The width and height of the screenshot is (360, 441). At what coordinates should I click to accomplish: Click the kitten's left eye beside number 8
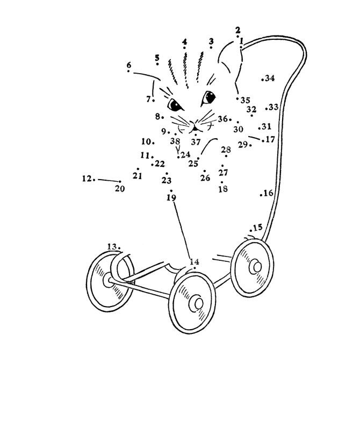(175, 105)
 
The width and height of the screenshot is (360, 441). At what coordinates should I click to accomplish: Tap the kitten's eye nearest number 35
(208, 97)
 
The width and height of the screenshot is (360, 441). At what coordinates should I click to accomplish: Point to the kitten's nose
(195, 129)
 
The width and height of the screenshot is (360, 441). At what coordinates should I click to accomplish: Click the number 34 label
(270, 78)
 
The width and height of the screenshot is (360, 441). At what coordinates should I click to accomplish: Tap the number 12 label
(87, 179)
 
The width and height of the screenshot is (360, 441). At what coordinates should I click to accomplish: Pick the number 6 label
(129, 65)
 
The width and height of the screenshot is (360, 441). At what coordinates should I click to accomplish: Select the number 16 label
(268, 193)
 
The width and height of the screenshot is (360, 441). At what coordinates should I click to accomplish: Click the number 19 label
(171, 198)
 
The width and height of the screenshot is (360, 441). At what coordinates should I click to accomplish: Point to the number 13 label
(112, 247)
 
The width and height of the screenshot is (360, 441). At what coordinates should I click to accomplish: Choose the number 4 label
(184, 42)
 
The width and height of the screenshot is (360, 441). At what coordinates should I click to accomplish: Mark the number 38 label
(175, 140)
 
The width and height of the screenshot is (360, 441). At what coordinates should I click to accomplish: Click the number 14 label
(195, 262)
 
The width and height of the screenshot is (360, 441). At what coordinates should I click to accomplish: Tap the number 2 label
(237, 30)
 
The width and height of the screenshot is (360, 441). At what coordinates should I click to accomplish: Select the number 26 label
(205, 178)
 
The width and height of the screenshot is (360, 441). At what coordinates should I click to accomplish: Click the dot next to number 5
(157, 64)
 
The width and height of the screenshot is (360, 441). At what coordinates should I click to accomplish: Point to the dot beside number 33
(266, 109)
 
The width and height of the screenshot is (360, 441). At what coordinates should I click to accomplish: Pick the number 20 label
(120, 188)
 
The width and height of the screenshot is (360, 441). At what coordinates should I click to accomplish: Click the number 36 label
(222, 119)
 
